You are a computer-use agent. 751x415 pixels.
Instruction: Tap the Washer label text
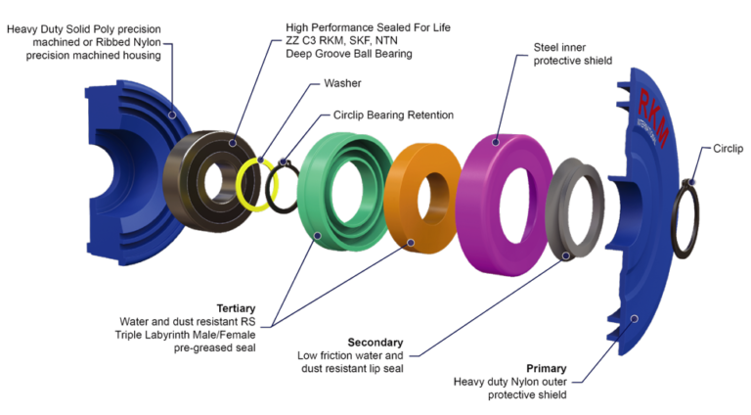click(341, 84)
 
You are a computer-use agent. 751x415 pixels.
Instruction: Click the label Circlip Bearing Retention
click(393, 115)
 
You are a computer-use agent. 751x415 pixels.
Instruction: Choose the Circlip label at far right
click(729, 149)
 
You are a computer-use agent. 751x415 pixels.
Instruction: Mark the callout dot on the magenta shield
click(496, 141)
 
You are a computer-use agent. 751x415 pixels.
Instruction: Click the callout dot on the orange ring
click(411, 242)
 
